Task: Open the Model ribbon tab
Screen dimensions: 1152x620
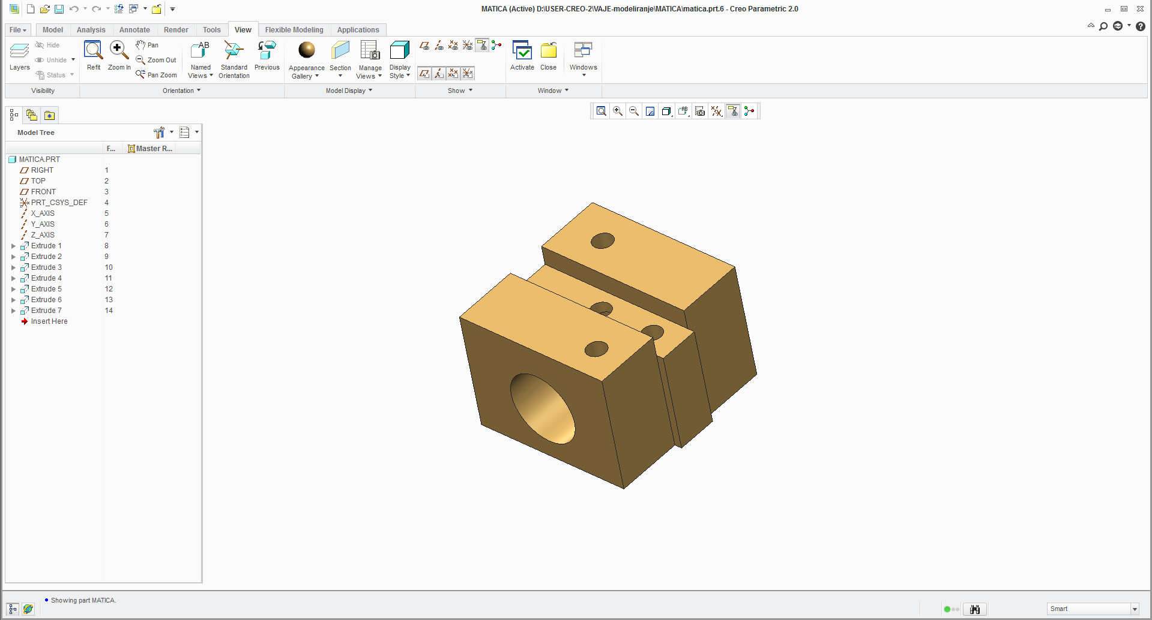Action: point(52,30)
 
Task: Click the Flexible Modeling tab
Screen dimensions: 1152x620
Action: point(294,30)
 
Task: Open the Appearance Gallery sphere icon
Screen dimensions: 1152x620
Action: point(307,50)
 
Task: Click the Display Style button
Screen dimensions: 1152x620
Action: point(400,59)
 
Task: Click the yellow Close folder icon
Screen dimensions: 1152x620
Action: point(548,50)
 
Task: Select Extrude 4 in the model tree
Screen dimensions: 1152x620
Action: point(46,278)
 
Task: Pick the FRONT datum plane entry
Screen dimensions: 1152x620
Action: point(43,192)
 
